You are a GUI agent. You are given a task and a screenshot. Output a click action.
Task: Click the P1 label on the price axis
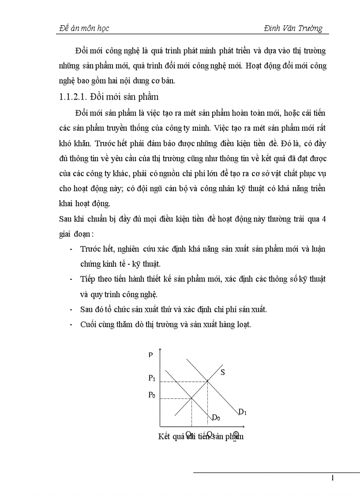click(x=151, y=378)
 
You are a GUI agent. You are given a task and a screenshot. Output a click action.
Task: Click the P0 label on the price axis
click(x=151, y=395)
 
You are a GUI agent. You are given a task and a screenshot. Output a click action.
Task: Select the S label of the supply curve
click(x=223, y=372)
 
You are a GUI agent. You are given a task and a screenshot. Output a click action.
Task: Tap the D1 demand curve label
click(x=242, y=412)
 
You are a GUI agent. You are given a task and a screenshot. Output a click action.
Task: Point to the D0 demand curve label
click(x=216, y=417)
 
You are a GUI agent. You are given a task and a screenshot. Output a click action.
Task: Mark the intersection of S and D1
click(x=208, y=381)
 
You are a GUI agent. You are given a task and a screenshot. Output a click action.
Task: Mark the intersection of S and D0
click(x=191, y=398)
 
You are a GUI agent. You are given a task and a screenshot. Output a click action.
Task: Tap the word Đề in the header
click(x=64, y=28)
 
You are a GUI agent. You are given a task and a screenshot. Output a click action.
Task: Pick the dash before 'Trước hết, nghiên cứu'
click(x=71, y=249)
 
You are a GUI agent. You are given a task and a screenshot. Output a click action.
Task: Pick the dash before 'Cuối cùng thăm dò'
click(x=71, y=325)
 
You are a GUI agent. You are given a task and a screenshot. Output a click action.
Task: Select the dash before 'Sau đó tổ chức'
click(x=71, y=309)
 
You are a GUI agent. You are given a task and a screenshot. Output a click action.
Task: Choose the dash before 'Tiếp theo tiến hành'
click(x=71, y=279)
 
